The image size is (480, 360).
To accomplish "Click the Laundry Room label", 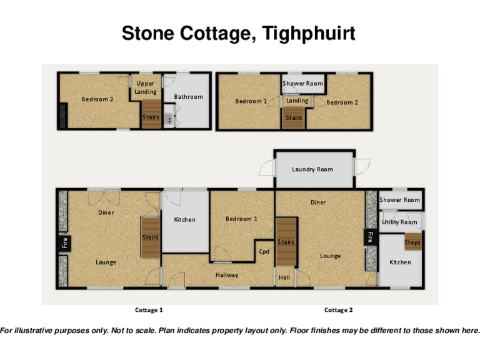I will [x=312, y=169].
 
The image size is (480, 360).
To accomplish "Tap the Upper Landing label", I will [x=146, y=88].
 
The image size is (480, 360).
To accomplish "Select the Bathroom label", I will [x=188, y=97].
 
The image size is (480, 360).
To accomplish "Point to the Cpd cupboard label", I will [x=264, y=252].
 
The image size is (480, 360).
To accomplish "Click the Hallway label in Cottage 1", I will [x=227, y=275].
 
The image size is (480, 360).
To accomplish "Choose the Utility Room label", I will [x=399, y=222].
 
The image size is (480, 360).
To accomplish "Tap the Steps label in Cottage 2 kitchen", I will [x=412, y=242].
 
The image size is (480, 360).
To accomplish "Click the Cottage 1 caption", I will [x=149, y=310].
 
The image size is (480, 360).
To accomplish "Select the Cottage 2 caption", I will [x=338, y=310].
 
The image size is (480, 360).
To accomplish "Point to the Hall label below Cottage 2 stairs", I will [x=284, y=277].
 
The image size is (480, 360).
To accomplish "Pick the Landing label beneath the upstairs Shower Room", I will [x=297, y=101].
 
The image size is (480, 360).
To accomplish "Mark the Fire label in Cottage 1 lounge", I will [x=64, y=242].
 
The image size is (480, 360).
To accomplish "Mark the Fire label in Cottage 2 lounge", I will [x=370, y=237].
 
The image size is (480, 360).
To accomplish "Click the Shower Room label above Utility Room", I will [x=399, y=200].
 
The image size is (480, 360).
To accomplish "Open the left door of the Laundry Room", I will [x=267, y=167].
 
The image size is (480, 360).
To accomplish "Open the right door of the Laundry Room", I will [x=361, y=166].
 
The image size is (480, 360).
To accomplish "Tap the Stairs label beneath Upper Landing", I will [x=151, y=117].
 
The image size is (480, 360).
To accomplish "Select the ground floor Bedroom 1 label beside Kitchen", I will [x=242, y=219].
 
